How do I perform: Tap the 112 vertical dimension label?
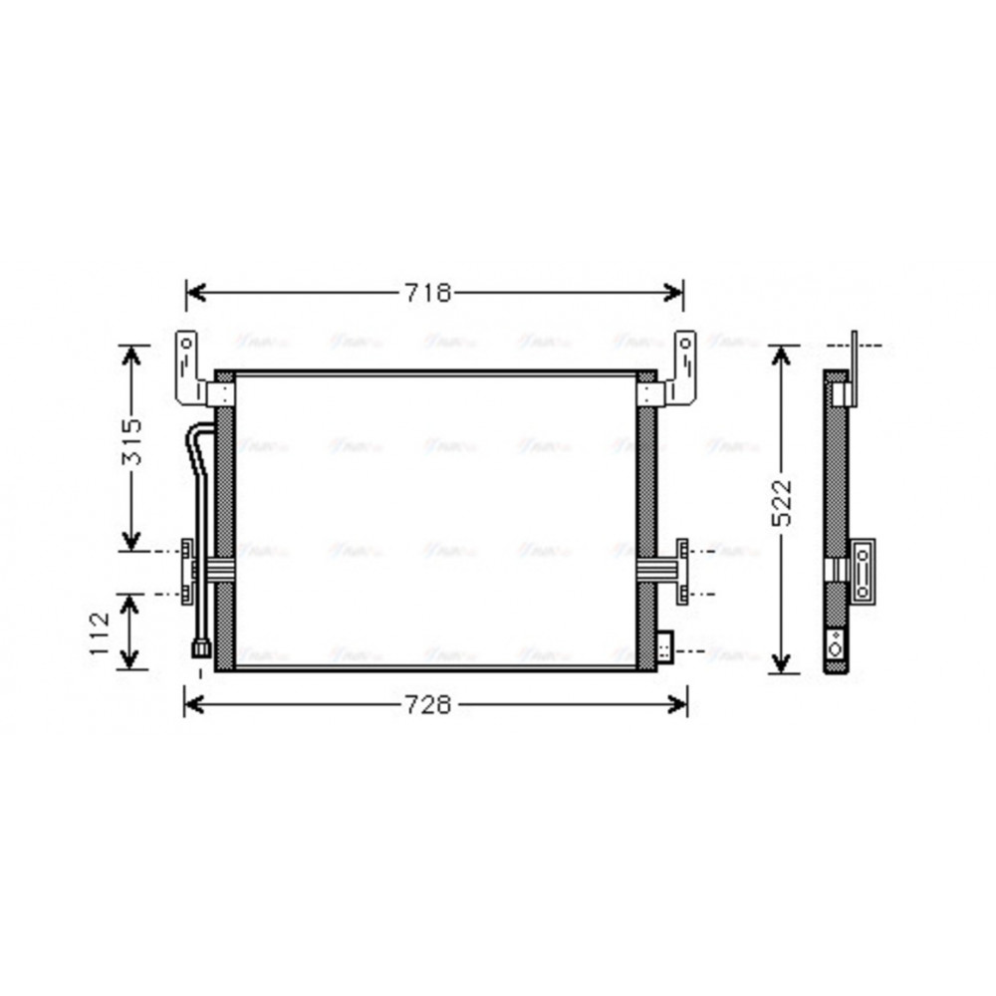point(100,631)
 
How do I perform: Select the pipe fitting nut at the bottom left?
point(201,650)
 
